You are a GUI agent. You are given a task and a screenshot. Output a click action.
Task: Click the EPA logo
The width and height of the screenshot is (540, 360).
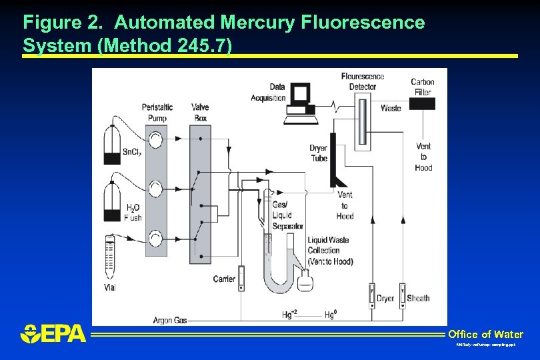pos(54,333)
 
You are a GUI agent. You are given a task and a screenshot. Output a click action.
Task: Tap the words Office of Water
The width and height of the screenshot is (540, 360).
pos(485,334)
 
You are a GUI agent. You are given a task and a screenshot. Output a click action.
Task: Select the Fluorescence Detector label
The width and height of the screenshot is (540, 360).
pos(363,81)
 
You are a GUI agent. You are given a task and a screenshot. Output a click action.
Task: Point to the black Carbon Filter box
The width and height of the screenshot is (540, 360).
pos(423,103)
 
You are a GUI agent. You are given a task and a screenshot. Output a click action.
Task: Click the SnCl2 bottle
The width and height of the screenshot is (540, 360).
pos(112,143)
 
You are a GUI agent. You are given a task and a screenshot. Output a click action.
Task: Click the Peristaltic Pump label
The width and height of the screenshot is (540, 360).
pos(157,113)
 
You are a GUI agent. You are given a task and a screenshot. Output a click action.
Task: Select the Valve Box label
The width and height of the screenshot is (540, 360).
pos(199,113)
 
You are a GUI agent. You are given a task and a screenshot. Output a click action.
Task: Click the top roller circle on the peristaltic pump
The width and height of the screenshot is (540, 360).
pos(155,139)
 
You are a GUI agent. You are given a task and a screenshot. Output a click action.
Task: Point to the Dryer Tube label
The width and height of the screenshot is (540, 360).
pos(319,153)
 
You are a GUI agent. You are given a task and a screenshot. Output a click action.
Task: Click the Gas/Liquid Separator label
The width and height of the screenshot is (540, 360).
pos(287,215)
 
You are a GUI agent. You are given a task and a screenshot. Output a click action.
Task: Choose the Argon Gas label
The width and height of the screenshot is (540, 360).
pos(169,321)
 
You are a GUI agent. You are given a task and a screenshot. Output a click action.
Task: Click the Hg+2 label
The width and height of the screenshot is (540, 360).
pos(290,314)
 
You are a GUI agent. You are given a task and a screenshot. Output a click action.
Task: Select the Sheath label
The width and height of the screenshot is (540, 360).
pos(418,298)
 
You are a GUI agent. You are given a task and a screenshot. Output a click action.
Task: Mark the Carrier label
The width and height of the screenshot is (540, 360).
pos(224,279)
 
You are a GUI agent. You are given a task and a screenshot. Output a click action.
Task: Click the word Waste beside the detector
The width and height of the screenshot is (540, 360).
pos(391,108)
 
